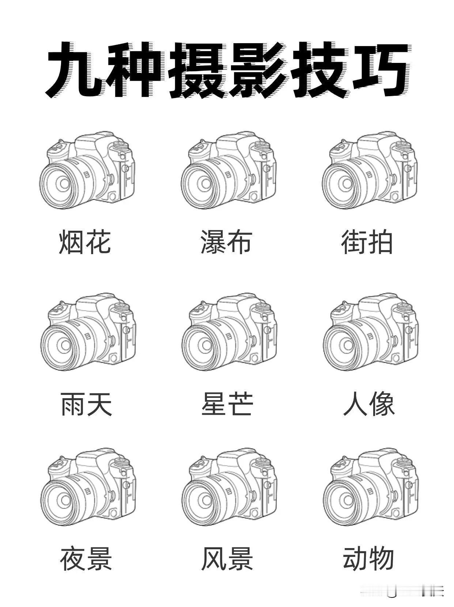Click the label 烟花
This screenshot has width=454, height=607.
click(85, 242)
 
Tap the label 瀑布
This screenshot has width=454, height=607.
click(226, 242)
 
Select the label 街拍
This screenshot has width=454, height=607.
click(367, 242)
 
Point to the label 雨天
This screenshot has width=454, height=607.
click(86, 404)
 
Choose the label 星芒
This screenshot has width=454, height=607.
click(227, 404)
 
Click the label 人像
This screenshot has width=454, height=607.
click(368, 404)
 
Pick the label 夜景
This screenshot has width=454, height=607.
click(86, 558)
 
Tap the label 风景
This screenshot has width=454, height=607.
click(227, 558)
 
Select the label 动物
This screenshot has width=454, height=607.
click(368, 558)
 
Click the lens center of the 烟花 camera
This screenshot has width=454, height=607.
click(64, 183)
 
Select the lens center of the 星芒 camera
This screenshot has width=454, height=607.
click(205, 345)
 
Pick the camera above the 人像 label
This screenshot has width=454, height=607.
click(370, 332)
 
